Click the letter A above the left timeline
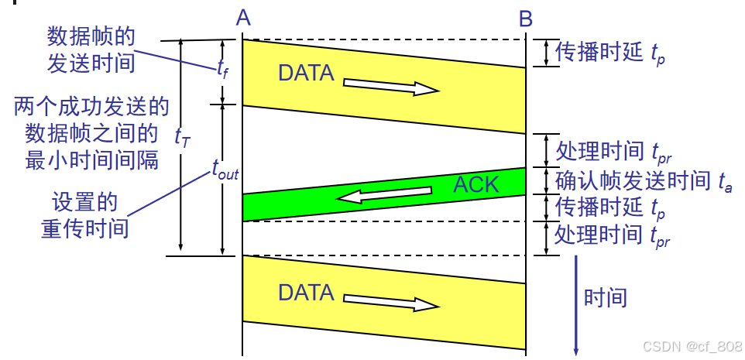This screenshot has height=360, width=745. tap(243, 17)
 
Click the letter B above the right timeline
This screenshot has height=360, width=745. tap(527, 17)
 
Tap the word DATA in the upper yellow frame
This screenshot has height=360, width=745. tap(306, 73)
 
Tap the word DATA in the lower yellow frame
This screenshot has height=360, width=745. tap(306, 293)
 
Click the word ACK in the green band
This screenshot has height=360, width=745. tap(476, 184)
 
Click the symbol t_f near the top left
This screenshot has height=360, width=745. tap(224, 69)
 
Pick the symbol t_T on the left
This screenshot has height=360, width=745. tap(183, 137)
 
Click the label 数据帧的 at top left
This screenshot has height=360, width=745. tap(91, 36)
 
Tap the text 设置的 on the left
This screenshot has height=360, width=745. tap(84, 204)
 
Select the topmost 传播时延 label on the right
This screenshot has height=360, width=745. tap(600, 52)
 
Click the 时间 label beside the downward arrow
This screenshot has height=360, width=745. tap(606, 297)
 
